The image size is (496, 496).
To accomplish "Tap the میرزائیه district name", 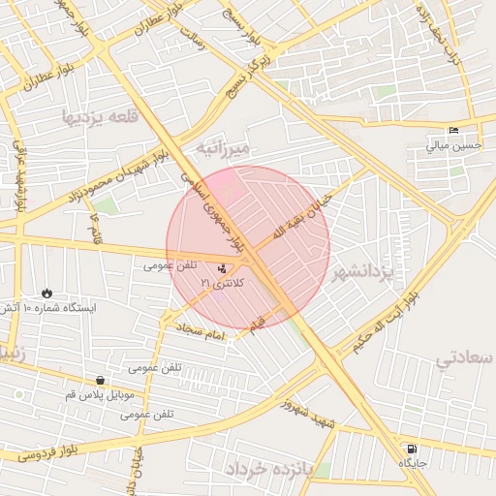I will [224, 147].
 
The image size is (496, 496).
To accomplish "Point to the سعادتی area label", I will [464, 358].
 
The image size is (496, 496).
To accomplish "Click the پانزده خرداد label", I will [272, 469].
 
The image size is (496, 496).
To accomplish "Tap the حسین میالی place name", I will [453, 146].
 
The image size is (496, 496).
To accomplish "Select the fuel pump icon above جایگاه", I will [414, 449].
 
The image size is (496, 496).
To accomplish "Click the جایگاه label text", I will [413, 464].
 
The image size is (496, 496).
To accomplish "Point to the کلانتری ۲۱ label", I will [223, 282].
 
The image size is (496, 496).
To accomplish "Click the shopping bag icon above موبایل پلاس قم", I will [101, 380].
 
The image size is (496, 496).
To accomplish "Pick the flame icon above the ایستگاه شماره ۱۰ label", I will [46, 293].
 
